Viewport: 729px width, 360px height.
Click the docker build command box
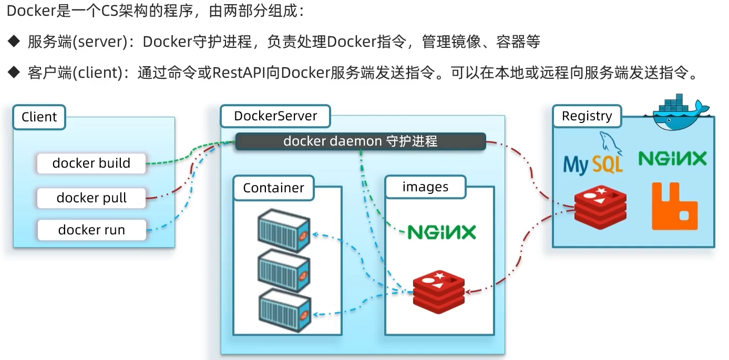coord(91,163)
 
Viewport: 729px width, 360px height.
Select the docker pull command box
coord(91,198)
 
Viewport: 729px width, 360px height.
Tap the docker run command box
coord(91,230)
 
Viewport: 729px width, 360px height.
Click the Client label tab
coord(39,117)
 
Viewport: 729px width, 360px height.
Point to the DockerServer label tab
coord(275,116)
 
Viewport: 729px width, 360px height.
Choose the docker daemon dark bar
coord(360,141)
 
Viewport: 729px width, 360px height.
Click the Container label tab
coord(273,188)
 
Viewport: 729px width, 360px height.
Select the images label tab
coord(425,187)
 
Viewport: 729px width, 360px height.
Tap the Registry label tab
coord(587,116)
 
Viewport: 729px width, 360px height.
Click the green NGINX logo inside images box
coord(441,231)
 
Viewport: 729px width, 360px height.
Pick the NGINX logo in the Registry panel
coord(672,159)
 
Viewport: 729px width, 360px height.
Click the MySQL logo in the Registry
coord(593,158)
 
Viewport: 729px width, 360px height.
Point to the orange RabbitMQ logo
coord(674,206)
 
